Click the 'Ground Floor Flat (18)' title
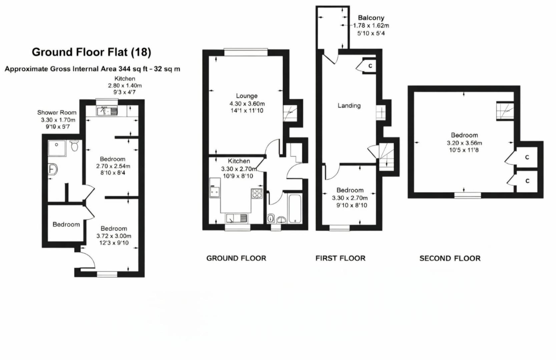point(91,52)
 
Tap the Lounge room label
point(246,96)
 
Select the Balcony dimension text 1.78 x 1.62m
point(371,25)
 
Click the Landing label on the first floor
point(349,106)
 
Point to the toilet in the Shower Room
point(75,145)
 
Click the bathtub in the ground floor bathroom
point(295,208)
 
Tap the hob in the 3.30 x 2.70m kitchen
point(257,193)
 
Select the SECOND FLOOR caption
point(450,258)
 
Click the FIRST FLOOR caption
point(340,258)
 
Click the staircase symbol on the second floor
point(504,111)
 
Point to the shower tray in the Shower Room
point(57,148)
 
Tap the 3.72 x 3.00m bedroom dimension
point(114,236)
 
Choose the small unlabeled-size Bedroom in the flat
point(66,224)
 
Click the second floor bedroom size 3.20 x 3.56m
point(464,143)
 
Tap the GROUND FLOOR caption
point(236,258)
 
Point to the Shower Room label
point(57,113)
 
